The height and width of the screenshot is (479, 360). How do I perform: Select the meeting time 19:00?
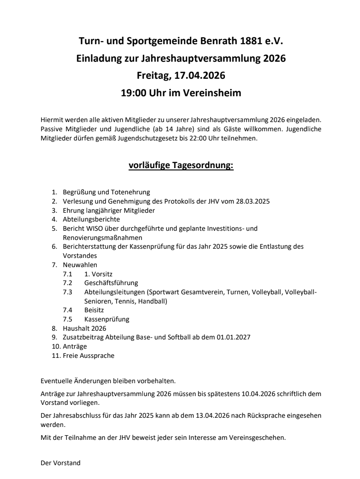[134, 93]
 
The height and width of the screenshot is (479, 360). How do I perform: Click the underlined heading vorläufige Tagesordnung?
[181, 165]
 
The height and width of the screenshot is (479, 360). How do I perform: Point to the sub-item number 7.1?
[68, 274]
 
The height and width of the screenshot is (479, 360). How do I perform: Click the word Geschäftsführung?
[111, 283]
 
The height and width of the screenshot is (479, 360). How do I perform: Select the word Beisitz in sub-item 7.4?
[94, 310]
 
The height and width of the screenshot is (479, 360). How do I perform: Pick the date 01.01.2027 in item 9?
[234, 338]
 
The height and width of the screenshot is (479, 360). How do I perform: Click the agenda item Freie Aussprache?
[89, 356]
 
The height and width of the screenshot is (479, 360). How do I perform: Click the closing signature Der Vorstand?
[60, 463]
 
